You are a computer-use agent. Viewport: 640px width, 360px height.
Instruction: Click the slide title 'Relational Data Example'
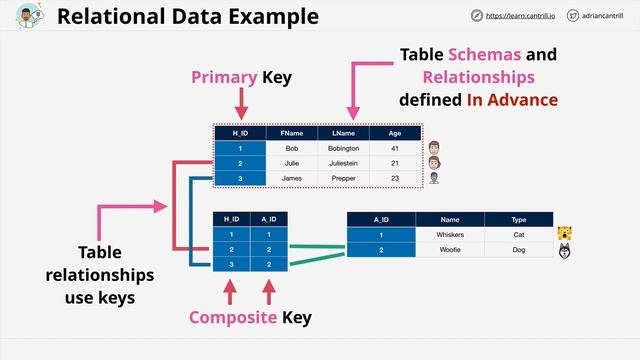188,17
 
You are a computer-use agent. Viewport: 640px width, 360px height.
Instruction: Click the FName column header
291,133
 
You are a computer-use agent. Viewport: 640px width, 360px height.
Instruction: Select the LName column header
343,133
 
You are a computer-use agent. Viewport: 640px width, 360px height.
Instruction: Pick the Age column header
395,133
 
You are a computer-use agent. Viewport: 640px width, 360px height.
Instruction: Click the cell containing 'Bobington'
343,148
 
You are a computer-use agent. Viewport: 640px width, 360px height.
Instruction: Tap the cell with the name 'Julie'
291,163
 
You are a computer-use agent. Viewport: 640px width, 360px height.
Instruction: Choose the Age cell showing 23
395,178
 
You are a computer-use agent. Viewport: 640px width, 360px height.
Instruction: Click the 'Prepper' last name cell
343,178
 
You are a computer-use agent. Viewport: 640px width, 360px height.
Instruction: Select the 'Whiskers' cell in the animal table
450,234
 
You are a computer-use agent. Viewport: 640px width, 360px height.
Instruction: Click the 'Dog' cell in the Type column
519,250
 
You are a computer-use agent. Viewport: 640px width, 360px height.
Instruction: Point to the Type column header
519,219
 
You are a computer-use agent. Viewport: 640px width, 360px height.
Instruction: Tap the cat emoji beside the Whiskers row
566,234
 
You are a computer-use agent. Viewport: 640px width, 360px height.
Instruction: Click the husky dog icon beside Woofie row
566,251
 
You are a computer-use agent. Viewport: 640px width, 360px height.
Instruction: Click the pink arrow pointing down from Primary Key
240,103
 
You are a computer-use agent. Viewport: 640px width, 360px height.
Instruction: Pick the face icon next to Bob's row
434,148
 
